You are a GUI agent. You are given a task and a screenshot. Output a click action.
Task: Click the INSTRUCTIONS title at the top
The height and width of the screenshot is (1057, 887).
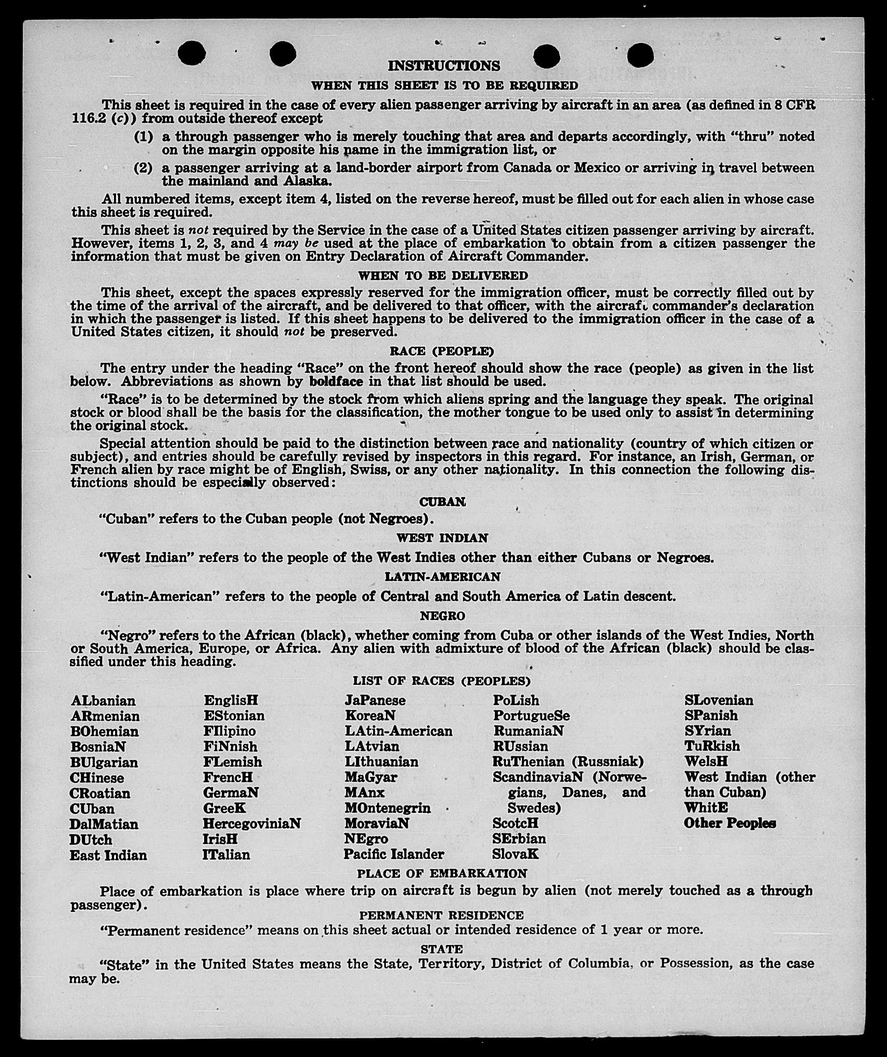click(444, 66)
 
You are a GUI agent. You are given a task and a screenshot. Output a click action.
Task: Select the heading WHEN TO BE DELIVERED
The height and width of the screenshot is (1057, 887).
click(443, 276)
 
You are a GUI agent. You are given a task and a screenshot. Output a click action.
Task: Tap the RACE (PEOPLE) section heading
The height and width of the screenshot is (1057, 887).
click(441, 351)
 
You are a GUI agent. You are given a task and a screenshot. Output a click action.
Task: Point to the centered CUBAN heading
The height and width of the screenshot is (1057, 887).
click(442, 502)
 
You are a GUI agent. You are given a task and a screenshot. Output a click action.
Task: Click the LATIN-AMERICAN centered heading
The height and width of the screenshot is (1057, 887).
click(442, 577)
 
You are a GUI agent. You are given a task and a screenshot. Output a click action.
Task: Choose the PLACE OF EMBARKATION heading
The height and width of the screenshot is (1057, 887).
click(442, 873)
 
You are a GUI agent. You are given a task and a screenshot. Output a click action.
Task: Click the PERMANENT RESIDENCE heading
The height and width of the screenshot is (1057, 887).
click(441, 915)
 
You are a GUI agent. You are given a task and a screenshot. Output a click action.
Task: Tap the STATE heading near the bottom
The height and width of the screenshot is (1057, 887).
click(441, 949)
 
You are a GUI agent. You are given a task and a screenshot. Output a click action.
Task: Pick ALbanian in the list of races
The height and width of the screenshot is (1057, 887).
click(103, 701)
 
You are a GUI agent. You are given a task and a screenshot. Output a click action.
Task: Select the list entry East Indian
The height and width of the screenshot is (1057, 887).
click(108, 855)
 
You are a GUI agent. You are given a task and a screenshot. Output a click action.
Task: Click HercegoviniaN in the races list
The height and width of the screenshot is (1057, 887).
click(252, 824)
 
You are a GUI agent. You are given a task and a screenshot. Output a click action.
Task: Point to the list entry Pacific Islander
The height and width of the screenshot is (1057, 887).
click(394, 854)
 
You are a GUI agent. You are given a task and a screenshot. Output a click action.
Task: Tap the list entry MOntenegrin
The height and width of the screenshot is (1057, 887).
click(388, 808)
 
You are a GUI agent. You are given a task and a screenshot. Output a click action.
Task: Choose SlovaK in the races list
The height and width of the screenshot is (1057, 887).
click(516, 854)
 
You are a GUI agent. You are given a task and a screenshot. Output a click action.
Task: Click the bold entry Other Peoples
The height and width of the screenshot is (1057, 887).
click(729, 823)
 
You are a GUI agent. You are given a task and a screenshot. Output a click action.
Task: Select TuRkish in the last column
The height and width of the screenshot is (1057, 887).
click(712, 746)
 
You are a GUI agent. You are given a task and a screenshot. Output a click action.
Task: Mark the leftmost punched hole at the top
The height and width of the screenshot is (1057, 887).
click(191, 53)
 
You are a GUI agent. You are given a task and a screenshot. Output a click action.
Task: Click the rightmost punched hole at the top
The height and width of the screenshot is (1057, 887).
click(640, 55)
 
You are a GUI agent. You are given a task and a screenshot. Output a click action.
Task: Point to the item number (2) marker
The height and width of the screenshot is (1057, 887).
click(143, 168)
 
